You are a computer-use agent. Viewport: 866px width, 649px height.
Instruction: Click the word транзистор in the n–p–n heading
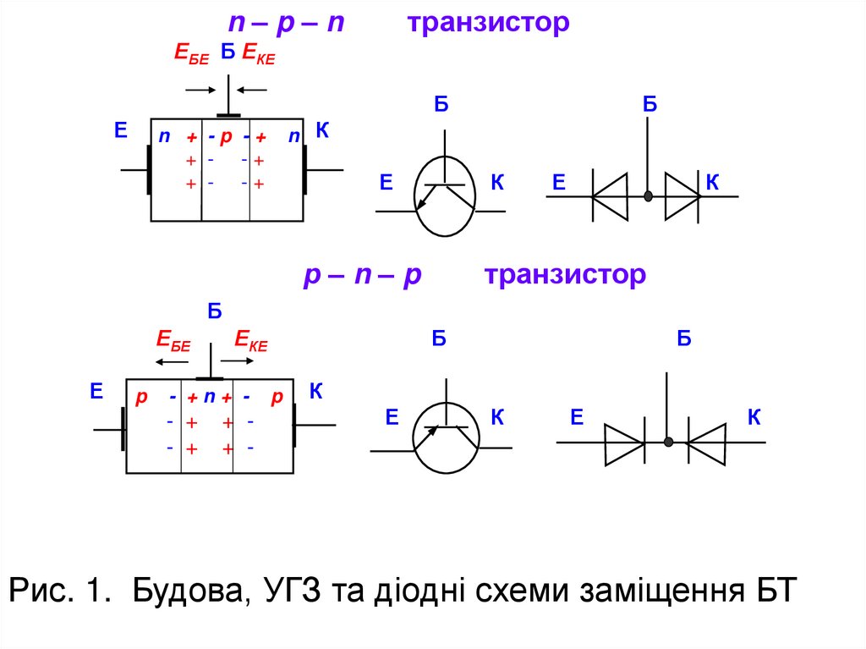488,24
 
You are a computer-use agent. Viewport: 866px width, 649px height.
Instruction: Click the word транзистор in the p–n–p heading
565,275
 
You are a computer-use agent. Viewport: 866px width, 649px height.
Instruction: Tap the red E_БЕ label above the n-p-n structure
191,54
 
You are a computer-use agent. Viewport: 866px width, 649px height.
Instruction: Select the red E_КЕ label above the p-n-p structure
251,341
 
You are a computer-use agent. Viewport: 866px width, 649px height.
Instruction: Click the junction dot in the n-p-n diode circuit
648,196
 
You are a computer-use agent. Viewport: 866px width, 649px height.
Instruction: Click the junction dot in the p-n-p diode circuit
668,442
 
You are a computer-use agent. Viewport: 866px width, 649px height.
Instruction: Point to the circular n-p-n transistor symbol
445,196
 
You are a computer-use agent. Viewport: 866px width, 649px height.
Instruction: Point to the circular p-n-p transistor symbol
446,436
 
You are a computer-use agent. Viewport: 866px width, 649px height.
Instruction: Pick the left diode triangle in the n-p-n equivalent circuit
610,196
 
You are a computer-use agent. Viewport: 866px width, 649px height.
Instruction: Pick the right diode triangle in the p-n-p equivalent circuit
707,442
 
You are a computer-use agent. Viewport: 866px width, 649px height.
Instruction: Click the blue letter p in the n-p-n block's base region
226,137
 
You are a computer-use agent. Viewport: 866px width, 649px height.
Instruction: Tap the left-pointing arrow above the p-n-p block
172,361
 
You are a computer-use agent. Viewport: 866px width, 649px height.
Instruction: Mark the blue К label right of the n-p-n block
321,130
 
